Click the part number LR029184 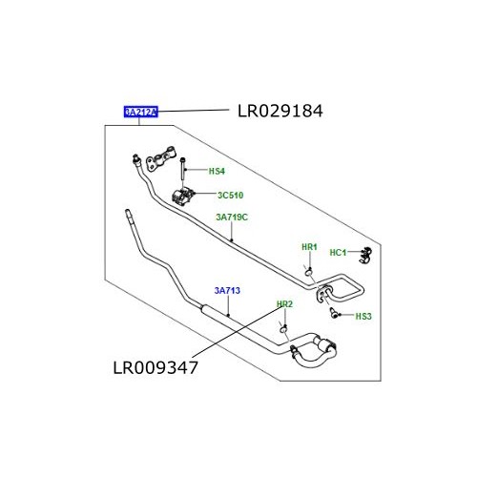pos(280,112)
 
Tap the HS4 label pos(217,172)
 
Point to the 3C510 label pos(231,196)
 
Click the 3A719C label pos(231,218)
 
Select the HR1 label pos(309,247)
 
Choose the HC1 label pos(338,253)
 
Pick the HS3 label pos(364,316)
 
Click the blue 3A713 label pos(227,292)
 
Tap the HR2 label pos(283,304)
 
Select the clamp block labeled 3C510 pos(185,199)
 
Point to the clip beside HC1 pos(362,255)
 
